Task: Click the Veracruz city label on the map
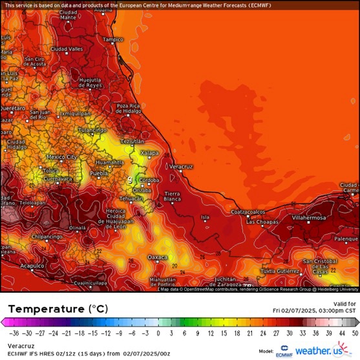pos(181,167)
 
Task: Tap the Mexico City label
pos(62,157)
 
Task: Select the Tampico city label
pos(112,39)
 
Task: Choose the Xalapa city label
pos(149,153)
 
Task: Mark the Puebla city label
pos(98,174)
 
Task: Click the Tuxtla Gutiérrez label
pos(281,271)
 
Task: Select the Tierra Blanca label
pos(172,196)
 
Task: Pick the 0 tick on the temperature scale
pos(159,334)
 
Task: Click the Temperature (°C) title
pos(53,309)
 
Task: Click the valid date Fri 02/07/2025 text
pos(314,310)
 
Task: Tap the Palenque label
pos(346,238)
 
